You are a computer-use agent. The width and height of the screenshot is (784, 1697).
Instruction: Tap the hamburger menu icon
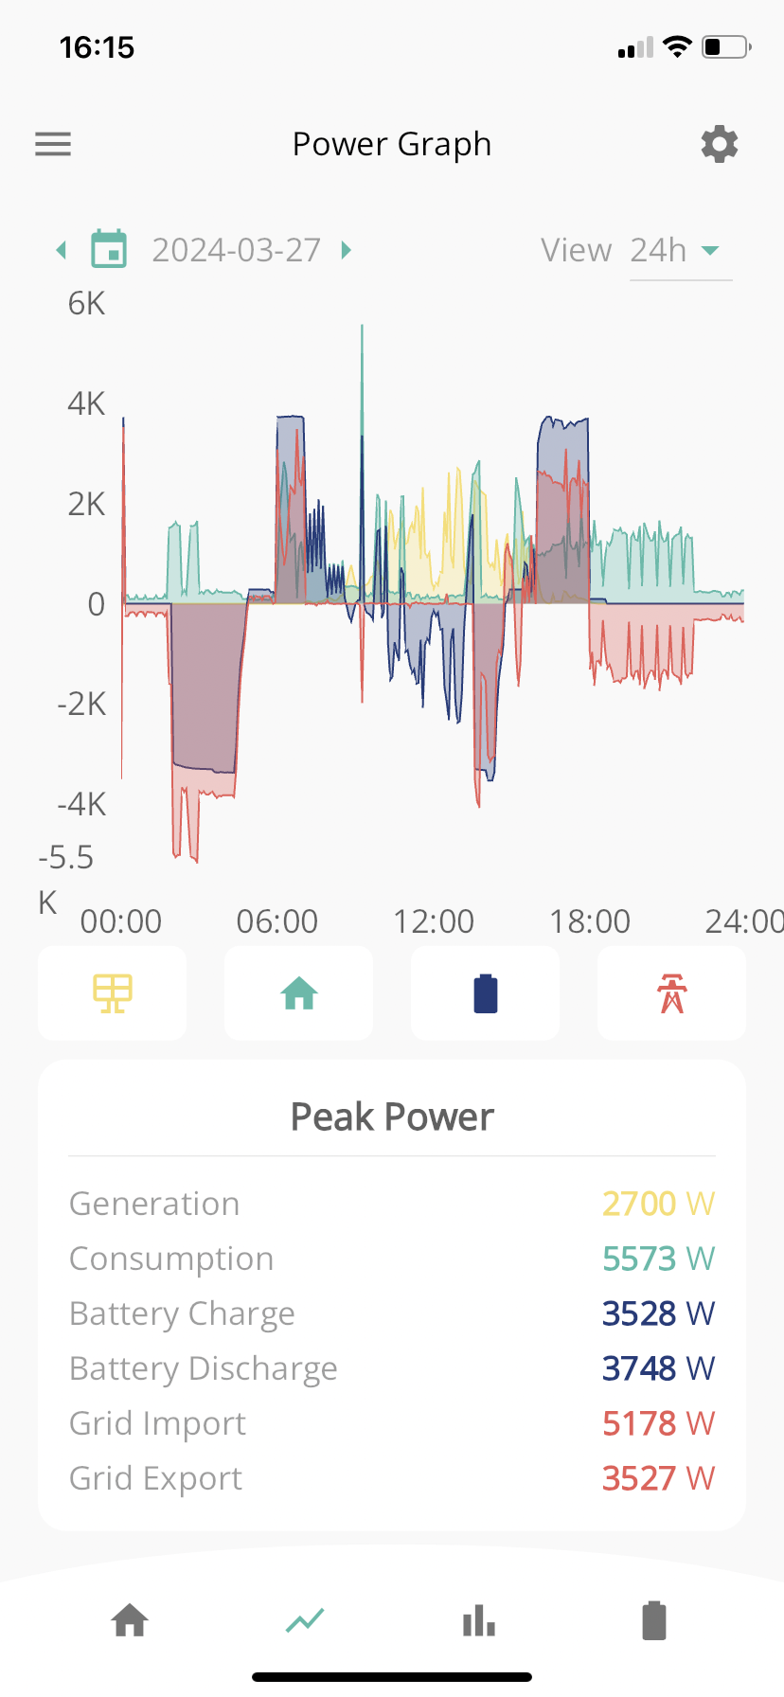coord(53,144)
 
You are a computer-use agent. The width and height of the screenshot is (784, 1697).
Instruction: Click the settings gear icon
coord(720,144)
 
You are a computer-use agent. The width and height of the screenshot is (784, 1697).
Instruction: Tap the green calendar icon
coord(109,249)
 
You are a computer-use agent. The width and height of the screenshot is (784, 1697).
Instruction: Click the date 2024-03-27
coord(237,250)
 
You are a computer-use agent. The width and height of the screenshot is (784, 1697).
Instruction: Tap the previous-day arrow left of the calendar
coord(62,250)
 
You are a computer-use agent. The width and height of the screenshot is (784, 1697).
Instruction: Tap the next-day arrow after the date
coord(346,250)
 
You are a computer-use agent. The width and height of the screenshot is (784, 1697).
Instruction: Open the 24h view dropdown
coord(681,251)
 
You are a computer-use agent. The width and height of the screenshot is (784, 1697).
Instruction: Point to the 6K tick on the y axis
coord(86,304)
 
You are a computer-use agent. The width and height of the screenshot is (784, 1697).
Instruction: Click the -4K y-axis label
coord(81,804)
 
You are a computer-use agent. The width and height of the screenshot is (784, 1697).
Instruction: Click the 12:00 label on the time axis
coord(434,921)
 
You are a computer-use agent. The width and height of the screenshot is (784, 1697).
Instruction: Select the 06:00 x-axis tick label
coord(277,921)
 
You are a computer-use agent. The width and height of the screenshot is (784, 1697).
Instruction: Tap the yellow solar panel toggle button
coord(112,993)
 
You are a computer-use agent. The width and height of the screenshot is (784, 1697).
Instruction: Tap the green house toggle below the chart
coord(298,993)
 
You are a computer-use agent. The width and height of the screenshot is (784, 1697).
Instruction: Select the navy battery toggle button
coord(485,993)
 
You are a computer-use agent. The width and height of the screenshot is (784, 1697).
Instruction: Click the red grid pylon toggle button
coord(671,993)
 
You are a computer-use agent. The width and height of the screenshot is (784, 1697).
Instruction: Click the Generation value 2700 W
coord(658,1204)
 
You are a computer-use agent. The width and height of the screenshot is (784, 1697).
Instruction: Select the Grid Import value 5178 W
coord(658,1423)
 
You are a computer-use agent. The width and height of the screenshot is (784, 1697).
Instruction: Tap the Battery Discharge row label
coord(204,1369)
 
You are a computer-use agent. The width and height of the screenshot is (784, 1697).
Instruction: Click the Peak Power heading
coord(392,1117)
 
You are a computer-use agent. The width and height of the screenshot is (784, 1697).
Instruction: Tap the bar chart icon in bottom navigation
coord(479,1620)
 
